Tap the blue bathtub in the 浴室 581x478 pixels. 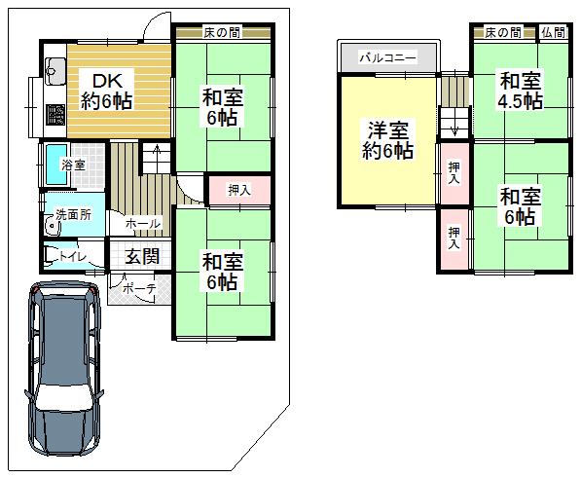pyautogui.click(x=50, y=165)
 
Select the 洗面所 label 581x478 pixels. pyautogui.click(x=73, y=214)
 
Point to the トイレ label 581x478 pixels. pyautogui.click(x=73, y=257)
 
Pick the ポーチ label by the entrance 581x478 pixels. pyautogui.click(x=133, y=289)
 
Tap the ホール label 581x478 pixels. pyautogui.click(x=142, y=224)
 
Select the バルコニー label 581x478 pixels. pyautogui.click(x=387, y=58)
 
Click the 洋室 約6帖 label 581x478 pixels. pyautogui.click(x=388, y=138)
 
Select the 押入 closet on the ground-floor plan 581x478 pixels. pyautogui.click(x=238, y=191)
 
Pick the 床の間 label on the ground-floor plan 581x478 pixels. pyautogui.click(x=222, y=33)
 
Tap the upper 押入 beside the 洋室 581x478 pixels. pyautogui.click(x=454, y=173)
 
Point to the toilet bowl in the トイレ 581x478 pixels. pyautogui.click(x=51, y=257)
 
